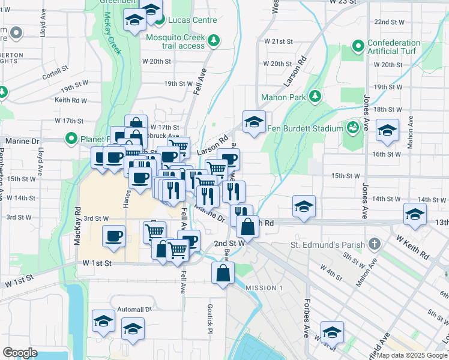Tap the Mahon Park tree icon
(x=315, y=97)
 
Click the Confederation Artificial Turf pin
(x=358, y=46)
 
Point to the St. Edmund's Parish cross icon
(x=375, y=244)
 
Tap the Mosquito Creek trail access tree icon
(x=214, y=41)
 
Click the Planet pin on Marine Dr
(x=71, y=139)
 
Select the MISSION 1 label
(x=264, y=288)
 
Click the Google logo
(x=19, y=353)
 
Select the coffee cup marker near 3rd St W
(x=113, y=235)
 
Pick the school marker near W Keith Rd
(x=415, y=214)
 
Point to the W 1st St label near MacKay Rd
(x=97, y=263)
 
